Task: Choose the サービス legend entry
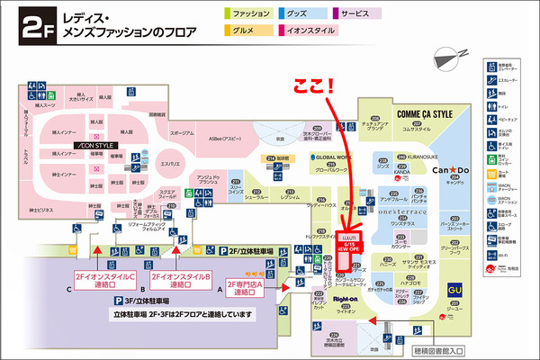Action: coord(360,14)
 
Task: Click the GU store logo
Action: coord(454,264)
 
